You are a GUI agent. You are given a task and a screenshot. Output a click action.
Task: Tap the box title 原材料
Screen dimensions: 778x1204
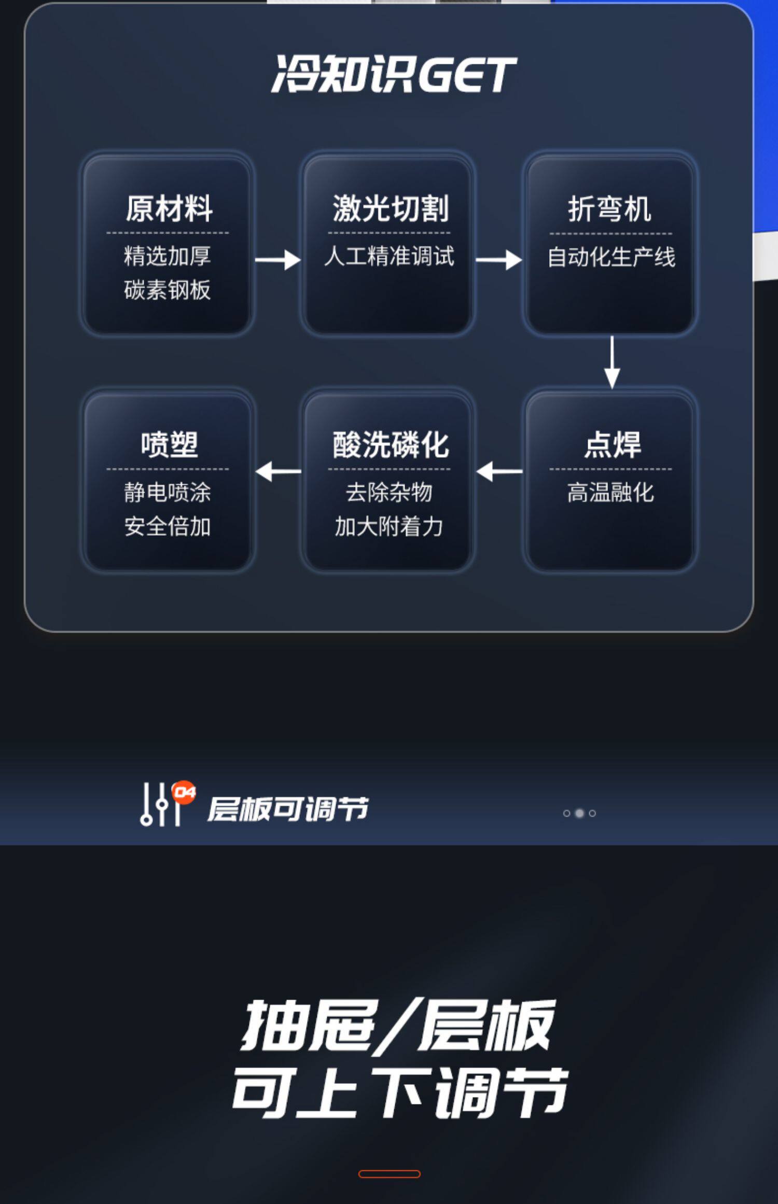[x=169, y=208]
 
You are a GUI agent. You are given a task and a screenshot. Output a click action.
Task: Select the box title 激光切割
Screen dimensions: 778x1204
[x=390, y=208]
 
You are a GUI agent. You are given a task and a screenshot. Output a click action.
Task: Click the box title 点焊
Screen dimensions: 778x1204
[x=612, y=444]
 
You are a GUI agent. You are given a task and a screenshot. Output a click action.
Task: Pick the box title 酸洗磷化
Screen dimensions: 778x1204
[x=390, y=444]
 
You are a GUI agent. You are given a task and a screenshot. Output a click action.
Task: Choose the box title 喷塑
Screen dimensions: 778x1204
[x=169, y=444]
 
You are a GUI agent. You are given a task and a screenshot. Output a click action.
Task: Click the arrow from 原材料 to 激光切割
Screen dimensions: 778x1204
[x=277, y=260]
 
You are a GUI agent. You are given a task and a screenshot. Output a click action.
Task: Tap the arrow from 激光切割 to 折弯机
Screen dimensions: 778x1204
[x=498, y=260]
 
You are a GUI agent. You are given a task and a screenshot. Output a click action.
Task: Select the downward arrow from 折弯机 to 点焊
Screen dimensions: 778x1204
[x=612, y=361]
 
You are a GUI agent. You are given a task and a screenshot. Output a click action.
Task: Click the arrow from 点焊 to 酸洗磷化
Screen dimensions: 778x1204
[x=499, y=471]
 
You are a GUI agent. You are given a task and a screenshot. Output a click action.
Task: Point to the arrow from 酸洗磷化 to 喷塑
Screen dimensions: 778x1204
[x=278, y=471]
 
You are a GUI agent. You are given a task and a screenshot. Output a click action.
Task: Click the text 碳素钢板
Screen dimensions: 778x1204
[x=167, y=290]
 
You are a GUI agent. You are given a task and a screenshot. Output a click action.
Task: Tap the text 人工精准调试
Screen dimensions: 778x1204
[x=389, y=256]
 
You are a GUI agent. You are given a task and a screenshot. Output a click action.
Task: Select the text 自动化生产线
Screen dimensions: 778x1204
[x=611, y=257]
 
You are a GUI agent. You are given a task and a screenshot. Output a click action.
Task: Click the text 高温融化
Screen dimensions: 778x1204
[x=610, y=492]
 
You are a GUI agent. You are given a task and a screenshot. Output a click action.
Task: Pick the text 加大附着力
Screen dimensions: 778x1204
[x=388, y=526]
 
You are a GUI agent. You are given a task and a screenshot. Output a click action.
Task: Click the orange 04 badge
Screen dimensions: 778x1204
[x=184, y=792]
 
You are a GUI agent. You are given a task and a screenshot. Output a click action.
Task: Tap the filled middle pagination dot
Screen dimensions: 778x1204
[x=579, y=813]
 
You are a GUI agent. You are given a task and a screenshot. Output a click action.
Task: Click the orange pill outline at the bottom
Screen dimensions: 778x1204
[x=389, y=1174]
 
